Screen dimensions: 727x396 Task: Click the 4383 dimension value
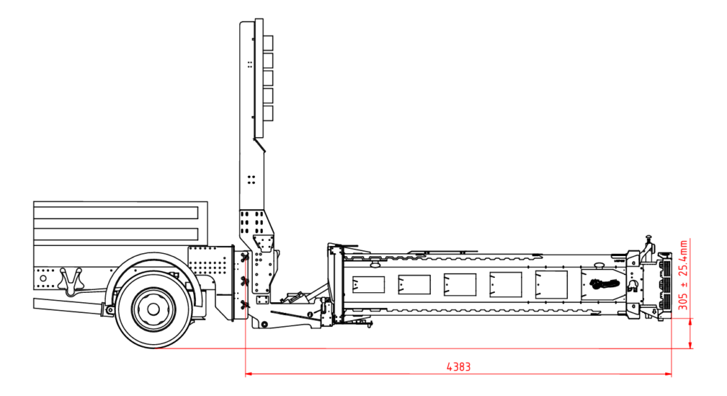[x=459, y=367]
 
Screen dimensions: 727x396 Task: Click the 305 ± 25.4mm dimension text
[x=683, y=275]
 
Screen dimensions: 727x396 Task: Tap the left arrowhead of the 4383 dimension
[x=248, y=373]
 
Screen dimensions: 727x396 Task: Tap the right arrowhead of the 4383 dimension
[x=668, y=373]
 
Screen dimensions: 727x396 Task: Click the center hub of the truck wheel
[x=153, y=309]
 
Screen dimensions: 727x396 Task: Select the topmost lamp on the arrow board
[x=268, y=43]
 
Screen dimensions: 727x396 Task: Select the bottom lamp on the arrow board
[x=268, y=114]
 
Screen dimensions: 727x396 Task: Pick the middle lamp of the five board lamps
[x=268, y=78]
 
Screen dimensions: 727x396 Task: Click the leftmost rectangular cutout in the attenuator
[x=368, y=284]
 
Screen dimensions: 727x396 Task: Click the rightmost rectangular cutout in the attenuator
[x=551, y=284]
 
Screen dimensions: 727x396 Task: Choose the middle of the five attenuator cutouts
[x=460, y=284]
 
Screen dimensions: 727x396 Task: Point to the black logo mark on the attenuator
[x=605, y=283]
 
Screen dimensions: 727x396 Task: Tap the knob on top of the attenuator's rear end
[x=649, y=239]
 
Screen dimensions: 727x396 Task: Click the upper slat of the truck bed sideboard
[x=116, y=213]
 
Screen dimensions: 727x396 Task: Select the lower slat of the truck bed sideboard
[x=116, y=234]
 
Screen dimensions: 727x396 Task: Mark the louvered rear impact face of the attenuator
[x=665, y=287]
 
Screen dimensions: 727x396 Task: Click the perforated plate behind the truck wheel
[x=209, y=262]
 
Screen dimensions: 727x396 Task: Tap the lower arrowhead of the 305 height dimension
[x=690, y=345]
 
